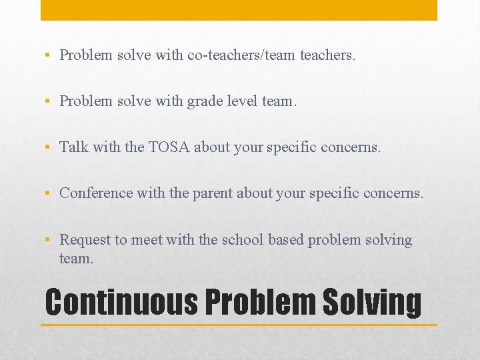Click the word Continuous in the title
121,301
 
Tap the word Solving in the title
372,301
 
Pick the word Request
84,239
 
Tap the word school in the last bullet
245,239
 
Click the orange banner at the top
239,9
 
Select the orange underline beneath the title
239,325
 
